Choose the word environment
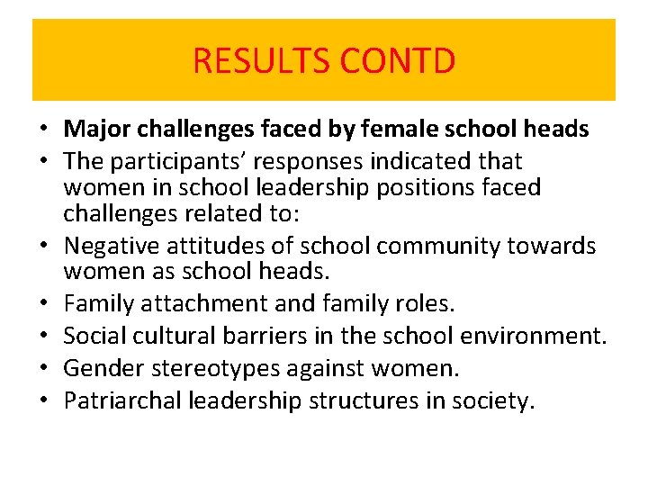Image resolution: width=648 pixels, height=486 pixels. click(532, 335)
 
